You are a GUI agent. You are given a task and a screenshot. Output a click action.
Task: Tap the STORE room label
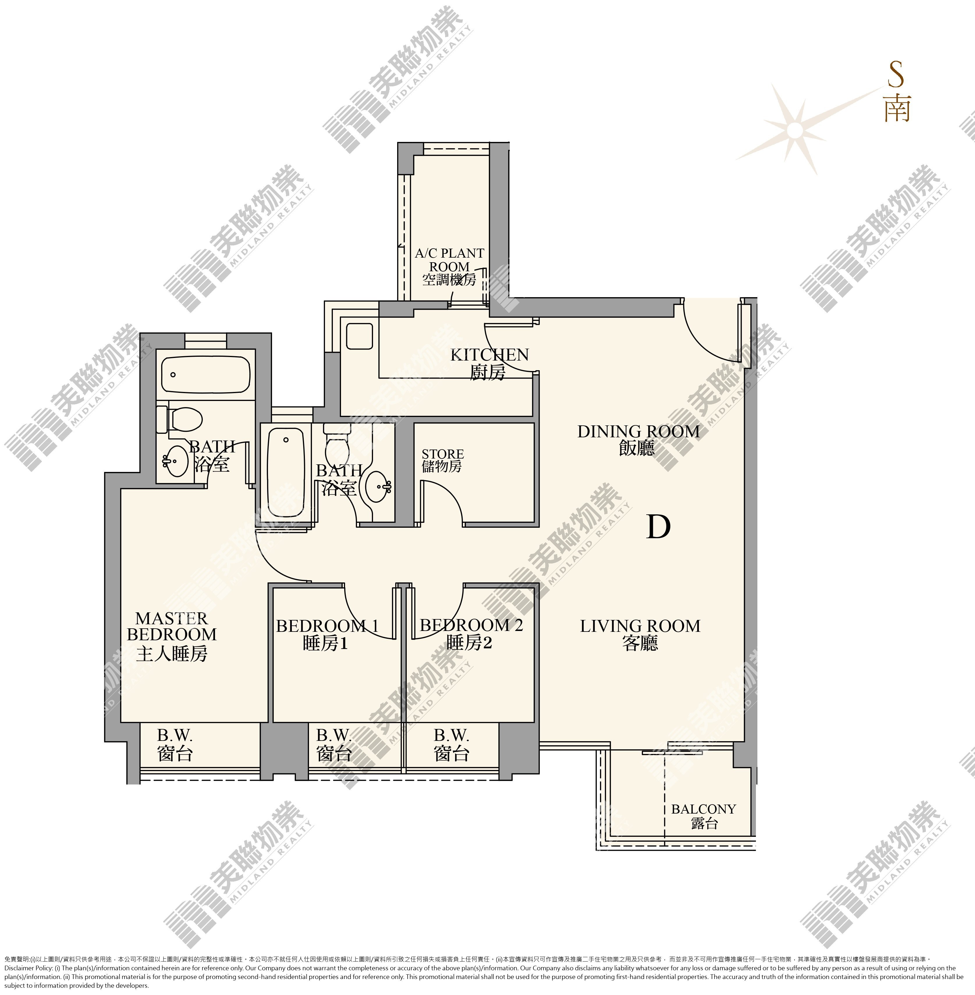tap(443, 460)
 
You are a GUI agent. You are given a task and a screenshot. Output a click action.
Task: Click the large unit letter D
tap(658, 527)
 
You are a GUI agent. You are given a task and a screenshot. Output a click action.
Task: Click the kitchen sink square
tap(360, 336)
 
